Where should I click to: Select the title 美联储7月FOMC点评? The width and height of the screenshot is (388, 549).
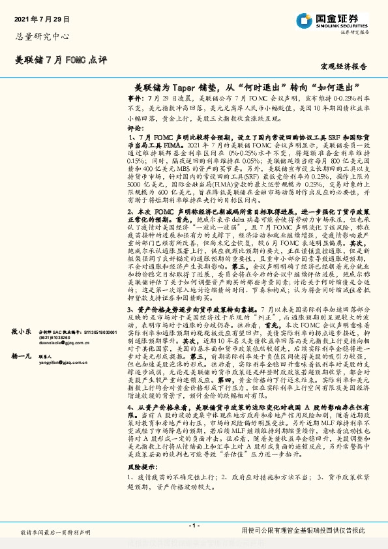click(60, 61)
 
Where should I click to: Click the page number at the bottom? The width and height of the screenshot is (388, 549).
click(194, 524)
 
